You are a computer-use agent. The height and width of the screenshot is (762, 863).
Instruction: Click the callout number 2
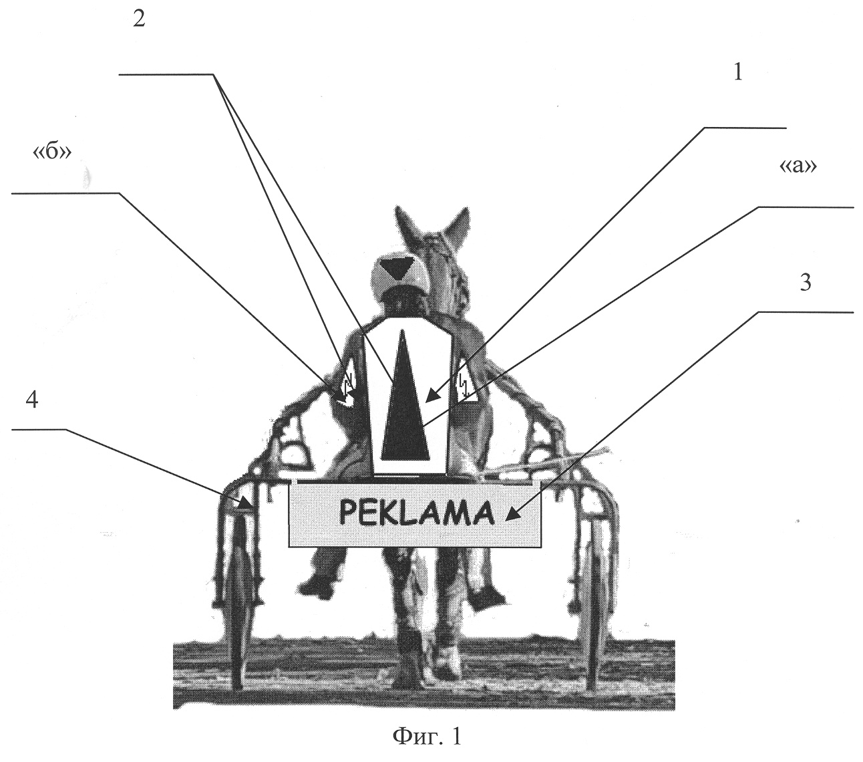pyautogui.click(x=140, y=19)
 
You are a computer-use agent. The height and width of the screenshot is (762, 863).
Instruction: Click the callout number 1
pyautogui.click(x=738, y=72)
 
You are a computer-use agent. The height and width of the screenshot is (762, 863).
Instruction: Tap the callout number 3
pyautogui.click(x=805, y=283)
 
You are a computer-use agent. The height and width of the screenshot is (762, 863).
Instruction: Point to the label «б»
pyautogui.click(x=52, y=151)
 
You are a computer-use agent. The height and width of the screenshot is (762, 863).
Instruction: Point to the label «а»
pyautogui.click(x=798, y=166)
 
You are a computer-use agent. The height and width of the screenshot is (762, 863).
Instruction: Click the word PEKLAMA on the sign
pyautogui.click(x=417, y=513)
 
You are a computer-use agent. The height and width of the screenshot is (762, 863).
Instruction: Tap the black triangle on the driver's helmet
pyautogui.click(x=397, y=268)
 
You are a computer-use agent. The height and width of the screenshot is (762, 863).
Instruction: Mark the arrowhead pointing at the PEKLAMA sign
pyautogui.click(x=513, y=515)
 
